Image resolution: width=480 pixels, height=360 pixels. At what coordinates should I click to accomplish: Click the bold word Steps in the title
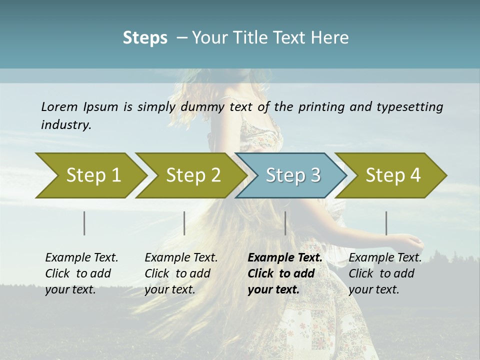point(145,37)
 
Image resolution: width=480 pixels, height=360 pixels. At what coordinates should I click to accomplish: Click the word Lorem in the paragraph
point(59,106)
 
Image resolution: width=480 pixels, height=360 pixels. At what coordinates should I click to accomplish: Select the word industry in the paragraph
point(66,124)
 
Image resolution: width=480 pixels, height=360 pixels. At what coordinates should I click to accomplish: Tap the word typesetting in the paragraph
point(409,106)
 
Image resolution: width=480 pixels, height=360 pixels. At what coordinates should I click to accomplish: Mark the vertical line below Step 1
point(84,223)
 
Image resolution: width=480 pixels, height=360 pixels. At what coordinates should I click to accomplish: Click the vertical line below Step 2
point(184,223)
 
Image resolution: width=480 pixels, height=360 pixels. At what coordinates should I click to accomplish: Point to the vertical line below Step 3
point(285,223)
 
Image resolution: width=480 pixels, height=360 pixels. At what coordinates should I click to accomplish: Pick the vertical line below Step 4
point(386,223)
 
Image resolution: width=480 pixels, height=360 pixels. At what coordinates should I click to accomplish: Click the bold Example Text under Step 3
point(285,257)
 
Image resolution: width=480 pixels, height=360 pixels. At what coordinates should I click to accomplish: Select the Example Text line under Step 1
point(81,257)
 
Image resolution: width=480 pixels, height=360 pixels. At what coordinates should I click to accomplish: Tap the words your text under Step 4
point(373,289)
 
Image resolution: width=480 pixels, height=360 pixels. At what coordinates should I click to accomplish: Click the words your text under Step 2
point(169,289)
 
